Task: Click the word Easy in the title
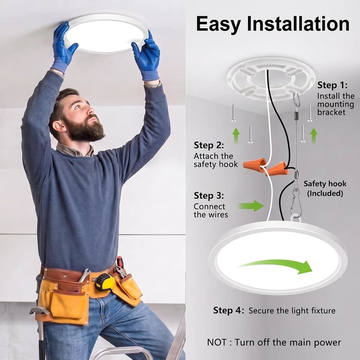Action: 218,24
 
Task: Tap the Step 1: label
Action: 332,85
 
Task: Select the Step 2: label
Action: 209,145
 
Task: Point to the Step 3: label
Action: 209,195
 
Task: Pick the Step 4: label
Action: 228,310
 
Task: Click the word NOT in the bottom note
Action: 217,343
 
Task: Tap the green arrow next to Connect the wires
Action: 251,206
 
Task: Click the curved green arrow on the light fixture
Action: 275,266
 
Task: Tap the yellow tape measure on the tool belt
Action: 105,282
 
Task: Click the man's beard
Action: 85,130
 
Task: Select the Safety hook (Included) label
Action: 325,188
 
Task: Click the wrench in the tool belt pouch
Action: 84,276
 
